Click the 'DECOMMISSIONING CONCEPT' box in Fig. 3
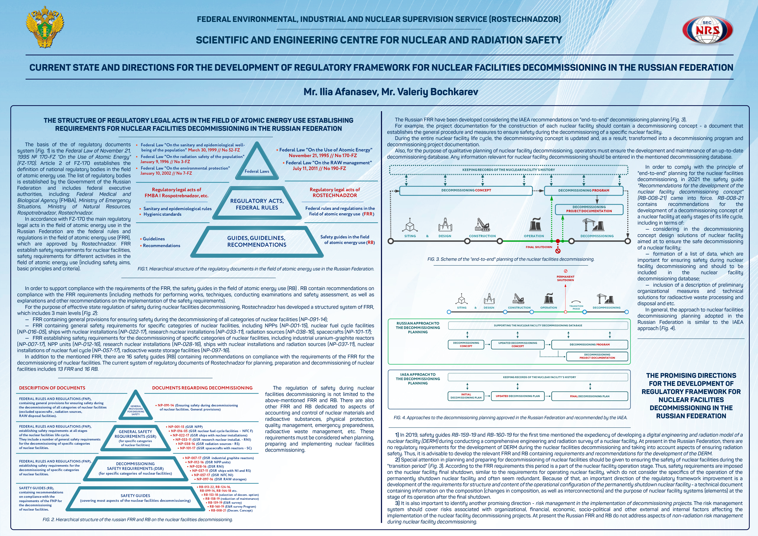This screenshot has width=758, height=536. tap(466, 190)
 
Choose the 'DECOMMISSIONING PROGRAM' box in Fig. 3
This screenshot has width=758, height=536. tap(584, 190)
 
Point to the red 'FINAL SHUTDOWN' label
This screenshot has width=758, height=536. tap(539, 247)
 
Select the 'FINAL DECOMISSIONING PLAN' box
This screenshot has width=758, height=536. tap(590, 396)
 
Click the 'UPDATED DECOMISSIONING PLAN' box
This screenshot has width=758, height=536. tap(518, 396)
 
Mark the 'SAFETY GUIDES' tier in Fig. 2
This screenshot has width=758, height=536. tap(135, 498)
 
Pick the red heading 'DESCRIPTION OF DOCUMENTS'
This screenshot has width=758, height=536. tap(52, 388)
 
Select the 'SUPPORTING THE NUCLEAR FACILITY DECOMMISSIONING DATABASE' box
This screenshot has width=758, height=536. tap(538, 325)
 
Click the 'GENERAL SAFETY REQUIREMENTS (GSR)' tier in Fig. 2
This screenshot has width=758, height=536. tap(135, 438)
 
